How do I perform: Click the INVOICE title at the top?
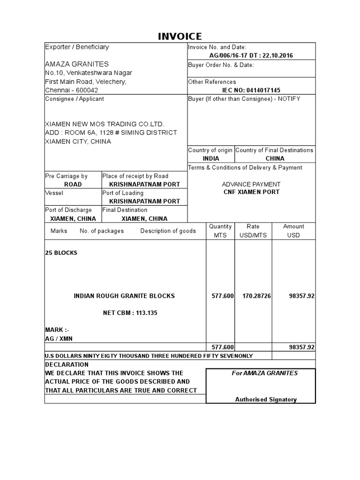click(x=180, y=36)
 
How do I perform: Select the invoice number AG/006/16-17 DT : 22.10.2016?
click(x=252, y=56)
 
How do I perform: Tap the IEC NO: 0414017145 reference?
click(x=251, y=90)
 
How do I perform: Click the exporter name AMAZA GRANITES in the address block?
click(x=77, y=64)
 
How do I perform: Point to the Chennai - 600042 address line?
click(x=71, y=90)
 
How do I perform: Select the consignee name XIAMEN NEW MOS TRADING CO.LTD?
click(x=105, y=124)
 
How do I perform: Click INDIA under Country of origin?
click(x=210, y=158)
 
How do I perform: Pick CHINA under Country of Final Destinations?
click(x=275, y=158)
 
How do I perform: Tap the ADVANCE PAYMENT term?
click(x=251, y=184)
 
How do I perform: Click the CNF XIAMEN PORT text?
click(x=251, y=192)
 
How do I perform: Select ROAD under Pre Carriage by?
click(x=73, y=184)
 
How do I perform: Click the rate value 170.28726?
click(x=256, y=296)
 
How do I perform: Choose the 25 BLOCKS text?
click(x=61, y=253)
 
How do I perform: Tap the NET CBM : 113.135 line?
click(x=130, y=313)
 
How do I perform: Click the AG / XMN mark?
click(x=59, y=338)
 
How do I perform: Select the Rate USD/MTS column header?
click(x=253, y=231)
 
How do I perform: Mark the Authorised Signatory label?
click(x=266, y=399)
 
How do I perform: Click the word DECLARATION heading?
click(x=67, y=364)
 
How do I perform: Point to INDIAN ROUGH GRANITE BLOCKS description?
click(x=124, y=296)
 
